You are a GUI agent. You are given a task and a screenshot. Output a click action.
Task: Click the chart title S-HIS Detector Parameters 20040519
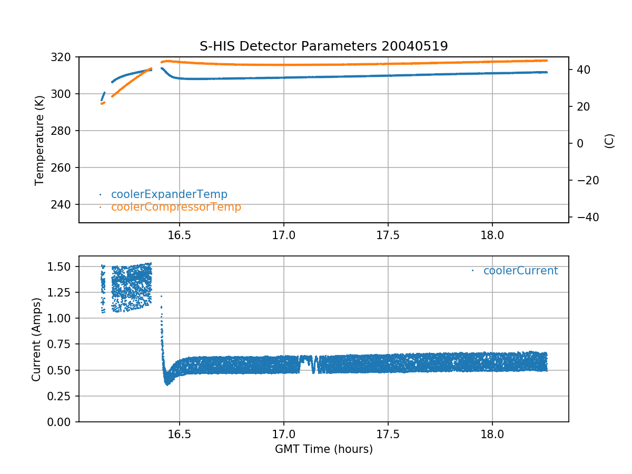tap(323, 46)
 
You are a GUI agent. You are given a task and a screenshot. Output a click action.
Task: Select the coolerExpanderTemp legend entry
tap(169, 194)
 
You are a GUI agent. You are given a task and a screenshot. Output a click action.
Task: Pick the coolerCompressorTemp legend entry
tap(176, 207)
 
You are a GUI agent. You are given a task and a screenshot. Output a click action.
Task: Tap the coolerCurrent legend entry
tap(520, 271)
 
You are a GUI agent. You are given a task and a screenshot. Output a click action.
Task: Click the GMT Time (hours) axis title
tap(323, 449)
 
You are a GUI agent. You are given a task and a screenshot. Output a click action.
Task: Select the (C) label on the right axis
tap(609, 141)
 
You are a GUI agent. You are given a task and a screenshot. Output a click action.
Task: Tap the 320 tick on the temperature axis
tap(66, 57)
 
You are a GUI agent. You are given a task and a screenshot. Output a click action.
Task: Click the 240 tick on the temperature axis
tap(66, 204)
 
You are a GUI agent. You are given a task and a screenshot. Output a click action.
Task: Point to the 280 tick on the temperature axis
tap(66, 131)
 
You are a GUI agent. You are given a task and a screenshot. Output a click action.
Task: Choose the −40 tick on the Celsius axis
tap(585, 217)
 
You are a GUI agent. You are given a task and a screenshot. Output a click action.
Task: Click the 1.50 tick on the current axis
tap(63, 266)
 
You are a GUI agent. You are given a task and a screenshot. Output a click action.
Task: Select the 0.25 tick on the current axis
tap(63, 396)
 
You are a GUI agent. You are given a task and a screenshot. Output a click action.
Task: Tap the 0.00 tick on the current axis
tap(63, 422)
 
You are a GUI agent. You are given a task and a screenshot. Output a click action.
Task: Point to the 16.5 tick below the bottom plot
tap(179, 434)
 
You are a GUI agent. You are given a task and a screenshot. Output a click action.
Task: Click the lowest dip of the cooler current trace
tap(167, 384)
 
